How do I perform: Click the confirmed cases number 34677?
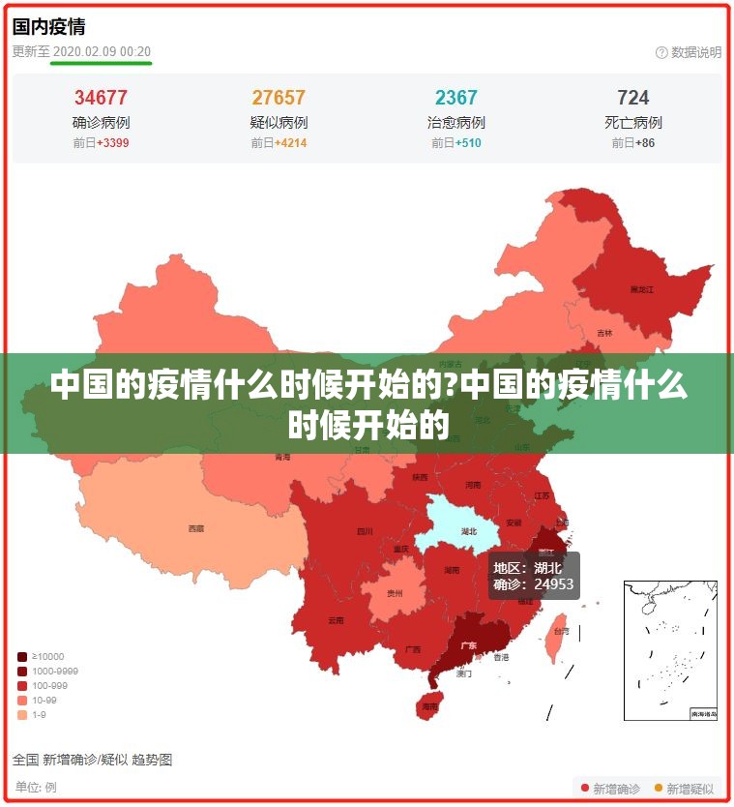click(x=101, y=98)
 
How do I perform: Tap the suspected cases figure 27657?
click(x=279, y=98)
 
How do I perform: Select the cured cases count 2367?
click(x=456, y=98)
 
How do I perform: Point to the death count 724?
click(x=633, y=98)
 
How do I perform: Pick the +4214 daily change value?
click(x=290, y=143)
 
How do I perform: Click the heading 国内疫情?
click(x=48, y=26)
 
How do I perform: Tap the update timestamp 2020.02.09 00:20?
click(x=102, y=51)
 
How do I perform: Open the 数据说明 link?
click(x=695, y=52)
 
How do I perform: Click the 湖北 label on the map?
click(x=469, y=531)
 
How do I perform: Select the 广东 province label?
click(x=468, y=644)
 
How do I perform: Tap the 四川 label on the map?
click(x=365, y=531)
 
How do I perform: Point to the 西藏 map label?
click(x=196, y=528)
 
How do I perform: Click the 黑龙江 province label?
click(x=642, y=289)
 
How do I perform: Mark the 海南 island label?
click(x=429, y=707)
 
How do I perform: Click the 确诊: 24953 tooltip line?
click(x=534, y=584)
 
